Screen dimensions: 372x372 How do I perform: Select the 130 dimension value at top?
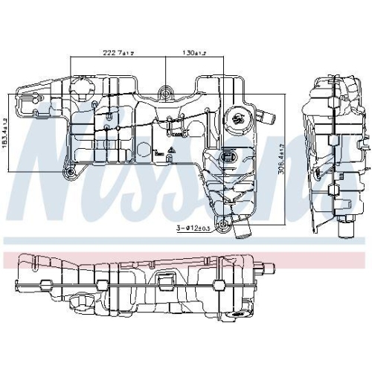click(195, 54)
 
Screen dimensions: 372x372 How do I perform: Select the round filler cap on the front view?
click(240, 118)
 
